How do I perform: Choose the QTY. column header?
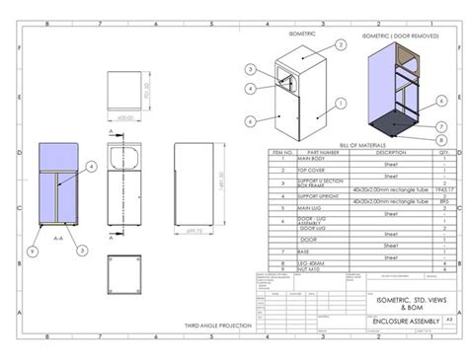[x=443, y=152]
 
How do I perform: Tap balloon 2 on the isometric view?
[x=340, y=45]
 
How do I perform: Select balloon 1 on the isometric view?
[x=340, y=102]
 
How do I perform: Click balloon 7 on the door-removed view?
[x=441, y=125]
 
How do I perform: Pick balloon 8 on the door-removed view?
[x=441, y=140]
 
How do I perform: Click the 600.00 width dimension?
[x=124, y=116]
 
